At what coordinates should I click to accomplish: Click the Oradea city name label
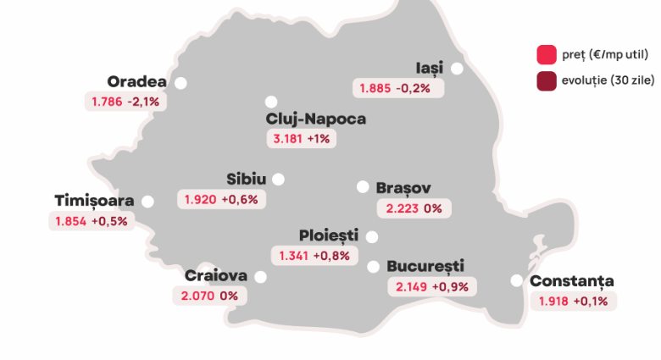136,81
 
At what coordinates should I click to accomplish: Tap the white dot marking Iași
458,69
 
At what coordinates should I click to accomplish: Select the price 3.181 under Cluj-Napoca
286,139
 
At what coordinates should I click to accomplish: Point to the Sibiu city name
247,179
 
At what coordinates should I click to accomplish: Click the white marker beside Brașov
363,187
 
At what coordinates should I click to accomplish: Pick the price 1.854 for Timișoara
70,221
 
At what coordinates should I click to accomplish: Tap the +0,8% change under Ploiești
331,255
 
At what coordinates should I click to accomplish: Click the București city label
425,266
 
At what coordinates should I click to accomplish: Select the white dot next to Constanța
517,281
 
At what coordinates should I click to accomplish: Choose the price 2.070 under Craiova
197,296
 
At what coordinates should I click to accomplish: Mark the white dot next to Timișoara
147,202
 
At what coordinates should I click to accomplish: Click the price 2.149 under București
411,286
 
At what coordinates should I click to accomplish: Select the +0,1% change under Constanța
593,301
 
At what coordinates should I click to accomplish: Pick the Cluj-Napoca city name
316,119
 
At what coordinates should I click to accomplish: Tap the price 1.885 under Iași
375,88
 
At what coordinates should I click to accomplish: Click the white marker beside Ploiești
372,237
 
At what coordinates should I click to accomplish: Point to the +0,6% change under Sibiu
240,200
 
